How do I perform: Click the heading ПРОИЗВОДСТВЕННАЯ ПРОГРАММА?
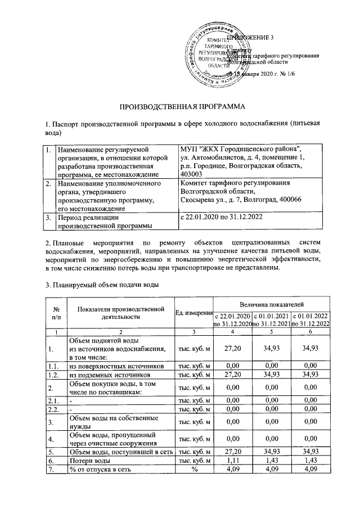pyautogui.click(x=180, y=106)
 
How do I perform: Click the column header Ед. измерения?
pyautogui.click(x=193, y=313)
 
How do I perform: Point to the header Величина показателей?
pyautogui.click(x=271, y=304)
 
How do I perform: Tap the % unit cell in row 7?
pyautogui.click(x=193, y=470)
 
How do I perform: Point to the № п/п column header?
pyautogui.click(x=56, y=313)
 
